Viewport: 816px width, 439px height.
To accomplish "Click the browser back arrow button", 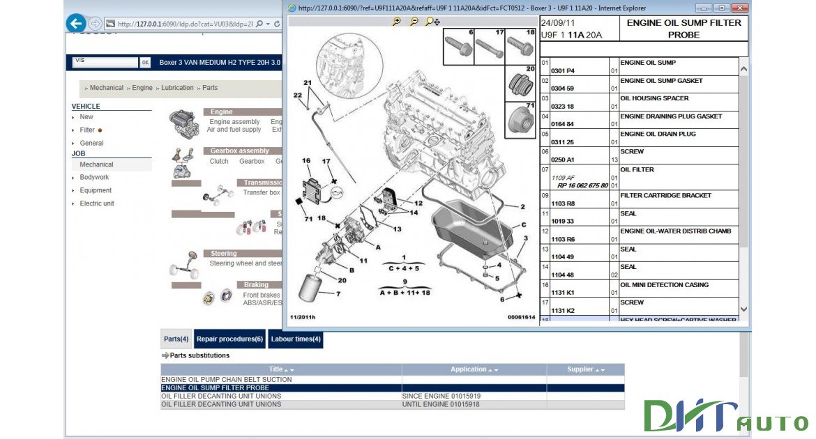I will point(75,24).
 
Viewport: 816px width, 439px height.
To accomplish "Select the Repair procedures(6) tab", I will point(229,339).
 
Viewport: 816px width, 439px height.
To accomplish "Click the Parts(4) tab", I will point(176,339).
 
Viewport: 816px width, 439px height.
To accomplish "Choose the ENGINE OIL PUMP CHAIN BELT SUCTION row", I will point(227,380).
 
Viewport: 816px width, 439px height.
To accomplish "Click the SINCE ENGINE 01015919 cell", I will point(441,396).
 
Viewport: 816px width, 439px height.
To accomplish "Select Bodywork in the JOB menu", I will point(94,178).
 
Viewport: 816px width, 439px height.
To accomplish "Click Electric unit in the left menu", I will point(97,203).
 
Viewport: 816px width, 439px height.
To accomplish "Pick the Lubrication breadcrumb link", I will point(177,88).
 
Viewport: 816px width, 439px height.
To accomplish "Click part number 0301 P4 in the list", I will point(563,70).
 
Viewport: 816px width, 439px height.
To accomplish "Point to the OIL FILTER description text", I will point(637,169).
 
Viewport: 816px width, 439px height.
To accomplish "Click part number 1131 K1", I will point(563,293).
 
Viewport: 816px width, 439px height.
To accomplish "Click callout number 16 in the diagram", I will point(305,161).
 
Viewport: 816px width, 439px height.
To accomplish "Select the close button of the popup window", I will point(739,8).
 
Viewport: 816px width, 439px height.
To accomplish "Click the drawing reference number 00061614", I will point(521,317).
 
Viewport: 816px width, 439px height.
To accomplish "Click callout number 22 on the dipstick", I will point(298,95).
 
